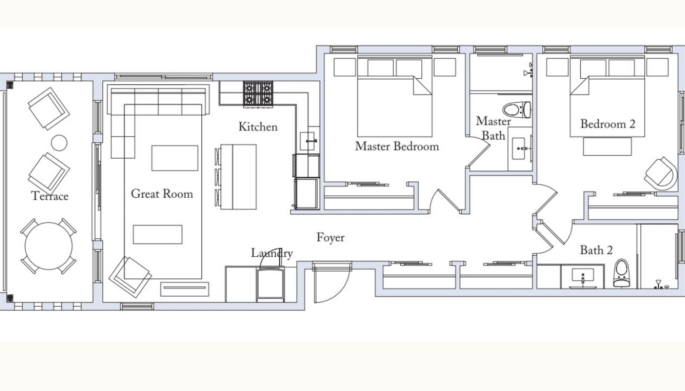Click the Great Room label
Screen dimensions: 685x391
[x=162, y=194]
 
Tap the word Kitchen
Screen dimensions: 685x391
[x=258, y=127]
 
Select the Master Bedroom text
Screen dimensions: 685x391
[x=397, y=146]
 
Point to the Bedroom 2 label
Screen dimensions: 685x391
[x=608, y=124]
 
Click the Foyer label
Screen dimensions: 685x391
[x=330, y=238]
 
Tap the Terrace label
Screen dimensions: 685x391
[x=50, y=196]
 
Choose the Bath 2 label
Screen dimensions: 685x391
[x=596, y=250]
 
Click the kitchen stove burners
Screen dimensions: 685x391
[x=258, y=94]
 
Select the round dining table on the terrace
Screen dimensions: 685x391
[x=49, y=246]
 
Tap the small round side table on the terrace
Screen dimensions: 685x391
[x=59, y=143]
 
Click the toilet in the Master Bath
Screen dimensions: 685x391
[x=517, y=110]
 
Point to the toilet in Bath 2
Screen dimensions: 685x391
[x=621, y=273]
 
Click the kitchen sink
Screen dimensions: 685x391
[x=307, y=141]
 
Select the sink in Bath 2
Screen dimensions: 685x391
[x=583, y=276]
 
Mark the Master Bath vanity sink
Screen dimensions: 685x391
[x=519, y=148]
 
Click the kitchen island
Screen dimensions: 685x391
[x=238, y=177]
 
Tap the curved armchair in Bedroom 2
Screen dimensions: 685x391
[x=661, y=174]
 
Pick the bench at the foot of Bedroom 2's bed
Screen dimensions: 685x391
[x=608, y=146]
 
